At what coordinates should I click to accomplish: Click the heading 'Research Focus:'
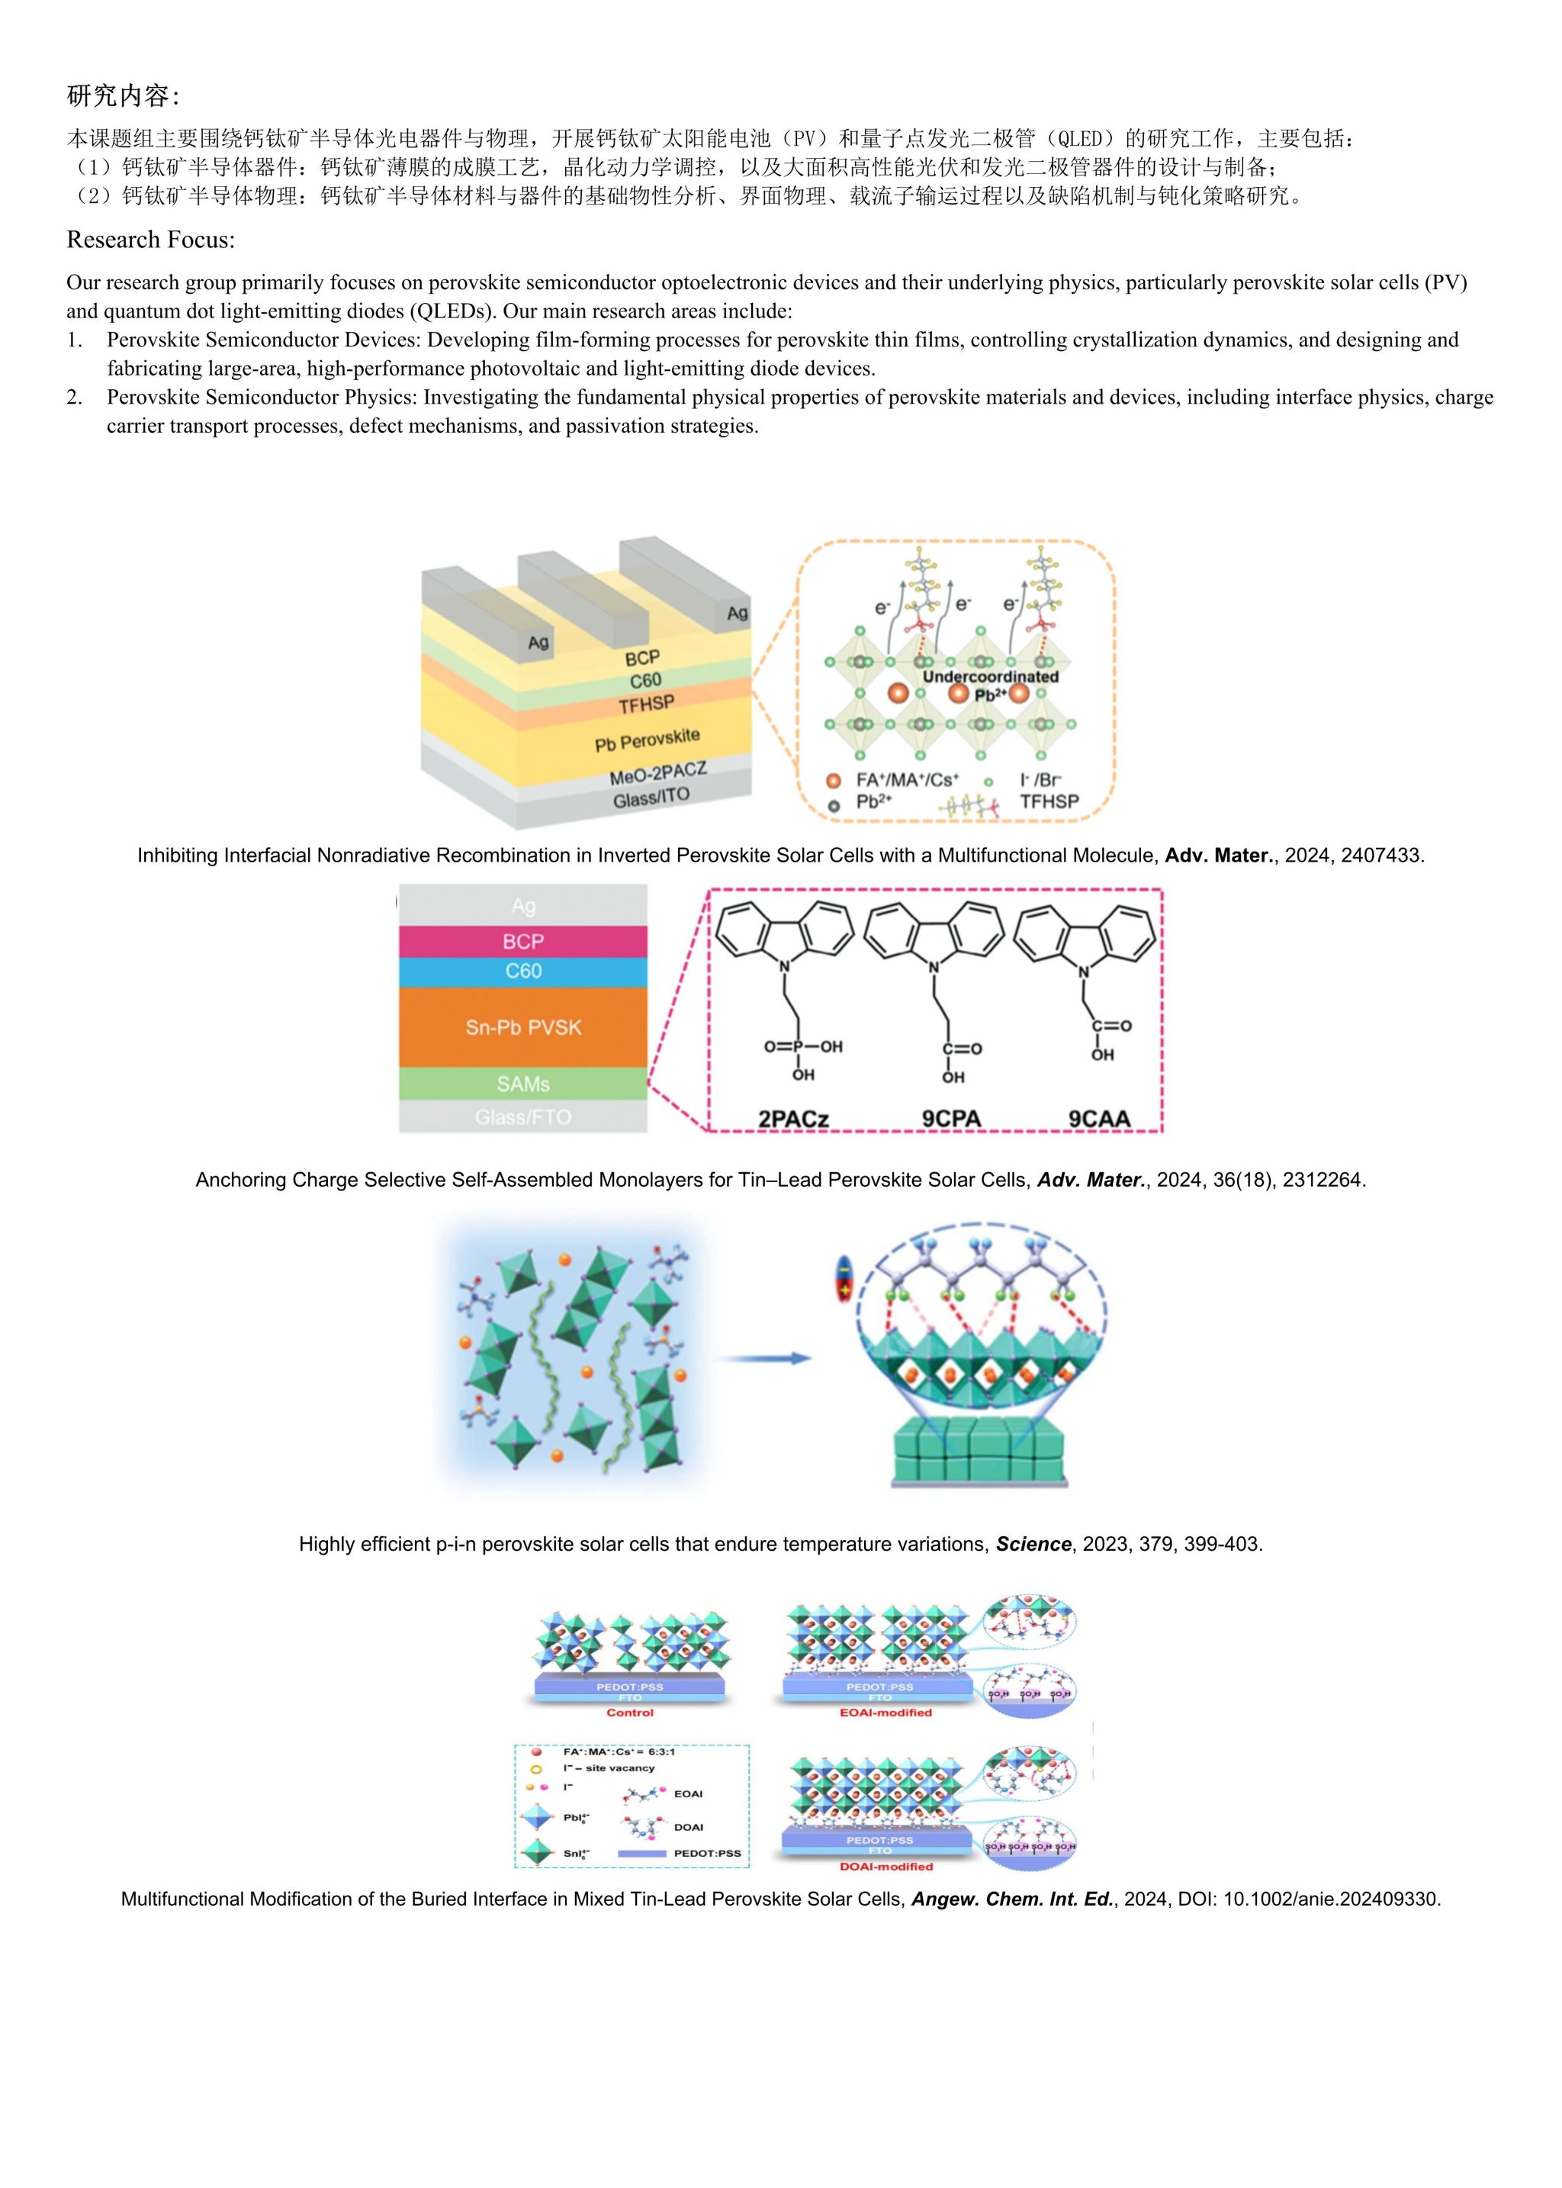(x=150, y=240)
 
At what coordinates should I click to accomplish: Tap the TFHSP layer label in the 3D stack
(x=646, y=705)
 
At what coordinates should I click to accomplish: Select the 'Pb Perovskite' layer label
(x=648, y=740)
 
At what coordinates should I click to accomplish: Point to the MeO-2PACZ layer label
(x=658, y=772)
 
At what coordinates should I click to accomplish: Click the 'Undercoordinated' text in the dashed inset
(x=990, y=676)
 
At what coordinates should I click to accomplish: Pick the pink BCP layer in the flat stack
(x=523, y=941)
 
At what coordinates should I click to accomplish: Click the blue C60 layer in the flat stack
(x=523, y=971)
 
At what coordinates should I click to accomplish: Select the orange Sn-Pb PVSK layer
(x=523, y=1028)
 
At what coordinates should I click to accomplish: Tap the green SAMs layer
(x=523, y=1084)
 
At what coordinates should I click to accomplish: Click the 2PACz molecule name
(x=793, y=1118)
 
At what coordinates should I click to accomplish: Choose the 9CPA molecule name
(x=951, y=1118)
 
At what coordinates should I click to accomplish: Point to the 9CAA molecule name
(x=1099, y=1118)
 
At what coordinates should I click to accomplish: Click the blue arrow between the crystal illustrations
(x=765, y=1358)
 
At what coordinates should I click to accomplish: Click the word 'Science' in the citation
(x=1033, y=1543)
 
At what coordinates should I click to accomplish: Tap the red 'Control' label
(x=630, y=1713)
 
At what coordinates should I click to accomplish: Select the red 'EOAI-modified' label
(x=885, y=1713)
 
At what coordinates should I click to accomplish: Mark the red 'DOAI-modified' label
(x=885, y=1867)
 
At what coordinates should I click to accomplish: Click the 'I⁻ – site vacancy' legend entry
(x=609, y=1767)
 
